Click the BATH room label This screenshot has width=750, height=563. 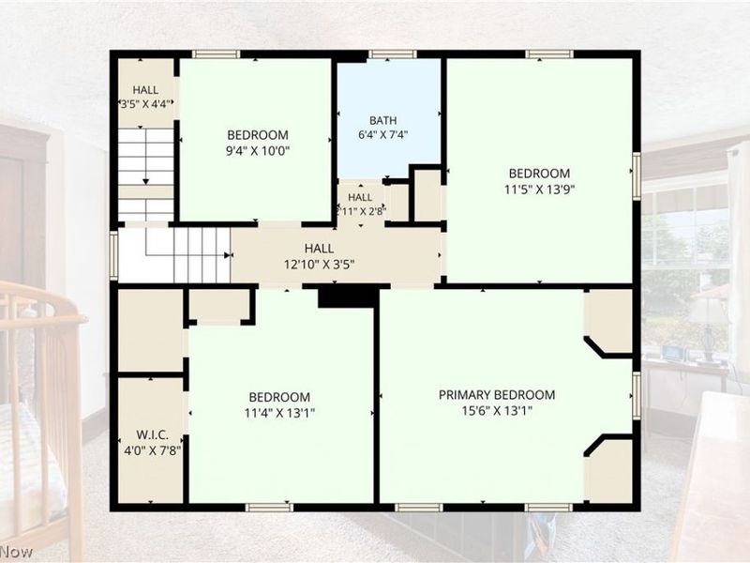pyautogui.click(x=382, y=120)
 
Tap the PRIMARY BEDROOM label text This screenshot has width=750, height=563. pyautogui.click(x=497, y=395)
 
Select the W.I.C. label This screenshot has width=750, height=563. pyautogui.click(x=152, y=435)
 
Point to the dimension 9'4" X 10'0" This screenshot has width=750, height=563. pyautogui.click(x=258, y=151)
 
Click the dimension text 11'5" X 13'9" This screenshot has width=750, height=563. pyautogui.click(x=539, y=190)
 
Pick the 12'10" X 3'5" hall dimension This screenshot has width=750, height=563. pyautogui.click(x=319, y=265)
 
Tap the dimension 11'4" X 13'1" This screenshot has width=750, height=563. pyautogui.click(x=279, y=413)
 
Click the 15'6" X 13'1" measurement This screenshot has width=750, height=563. pyautogui.click(x=497, y=411)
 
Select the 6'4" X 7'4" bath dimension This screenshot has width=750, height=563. pyautogui.click(x=382, y=135)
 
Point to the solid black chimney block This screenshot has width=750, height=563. pyautogui.click(x=348, y=297)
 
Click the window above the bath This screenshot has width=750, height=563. pyautogui.click(x=392, y=53)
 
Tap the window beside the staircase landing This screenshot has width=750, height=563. pyautogui.click(x=113, y=255)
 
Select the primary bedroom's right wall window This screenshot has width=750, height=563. pyautogui.click(x=637, y=395)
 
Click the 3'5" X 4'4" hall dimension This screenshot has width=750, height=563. pyautogui.click(x=145, y=104)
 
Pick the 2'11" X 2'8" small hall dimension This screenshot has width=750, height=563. pyautogui.click(x=361, y=211)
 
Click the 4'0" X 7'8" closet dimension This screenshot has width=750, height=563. pyautogui.click(x=152, y=451)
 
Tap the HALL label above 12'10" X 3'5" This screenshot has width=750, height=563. pyautogui.click(x=319, y=249)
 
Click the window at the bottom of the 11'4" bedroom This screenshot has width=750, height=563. pyautogui.click(x=269, y=508)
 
